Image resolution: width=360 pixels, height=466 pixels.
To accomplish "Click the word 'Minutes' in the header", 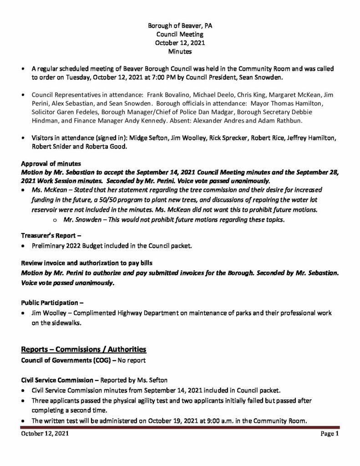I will click(x=180, y=52).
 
